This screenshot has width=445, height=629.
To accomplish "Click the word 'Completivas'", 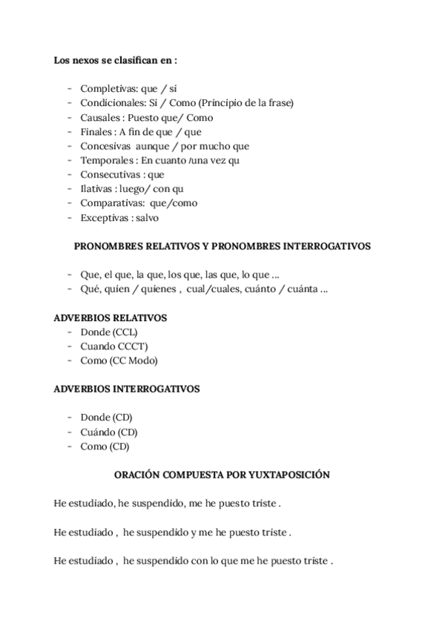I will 103,88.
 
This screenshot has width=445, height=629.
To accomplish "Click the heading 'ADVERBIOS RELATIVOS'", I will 111,317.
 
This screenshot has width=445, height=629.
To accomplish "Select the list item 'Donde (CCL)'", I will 109,332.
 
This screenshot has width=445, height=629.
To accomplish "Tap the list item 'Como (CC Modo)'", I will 119,360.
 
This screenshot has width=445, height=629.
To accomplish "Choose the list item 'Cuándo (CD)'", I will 109,432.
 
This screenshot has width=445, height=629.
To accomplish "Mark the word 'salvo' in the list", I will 148,218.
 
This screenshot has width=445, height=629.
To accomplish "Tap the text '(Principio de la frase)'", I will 246,102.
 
